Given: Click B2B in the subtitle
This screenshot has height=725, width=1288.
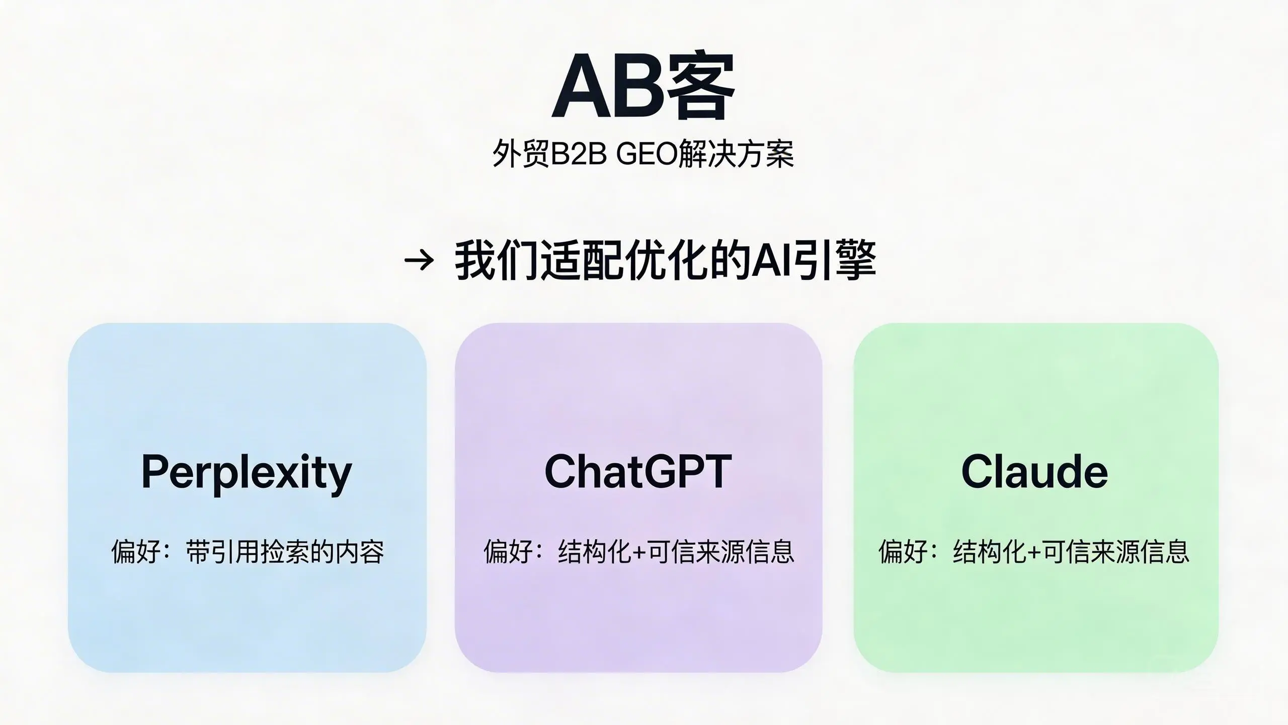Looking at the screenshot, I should [x=579, y=154].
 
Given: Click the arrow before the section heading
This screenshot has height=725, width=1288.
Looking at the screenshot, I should [x=419, y=260].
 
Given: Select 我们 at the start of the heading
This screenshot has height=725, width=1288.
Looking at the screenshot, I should [x=497, y=260].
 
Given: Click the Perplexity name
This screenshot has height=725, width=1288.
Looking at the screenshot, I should [x=247, y=472].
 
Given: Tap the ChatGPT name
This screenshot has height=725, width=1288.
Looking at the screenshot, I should [x=638, y=471].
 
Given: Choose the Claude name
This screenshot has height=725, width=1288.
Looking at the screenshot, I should [x=1034, y=471].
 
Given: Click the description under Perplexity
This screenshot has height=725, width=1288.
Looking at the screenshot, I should [x=248, y=552].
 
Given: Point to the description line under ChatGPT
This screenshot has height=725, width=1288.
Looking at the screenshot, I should [x=639, y=552].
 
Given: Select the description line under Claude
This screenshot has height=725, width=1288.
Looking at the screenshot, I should [x=1034, y=552].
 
